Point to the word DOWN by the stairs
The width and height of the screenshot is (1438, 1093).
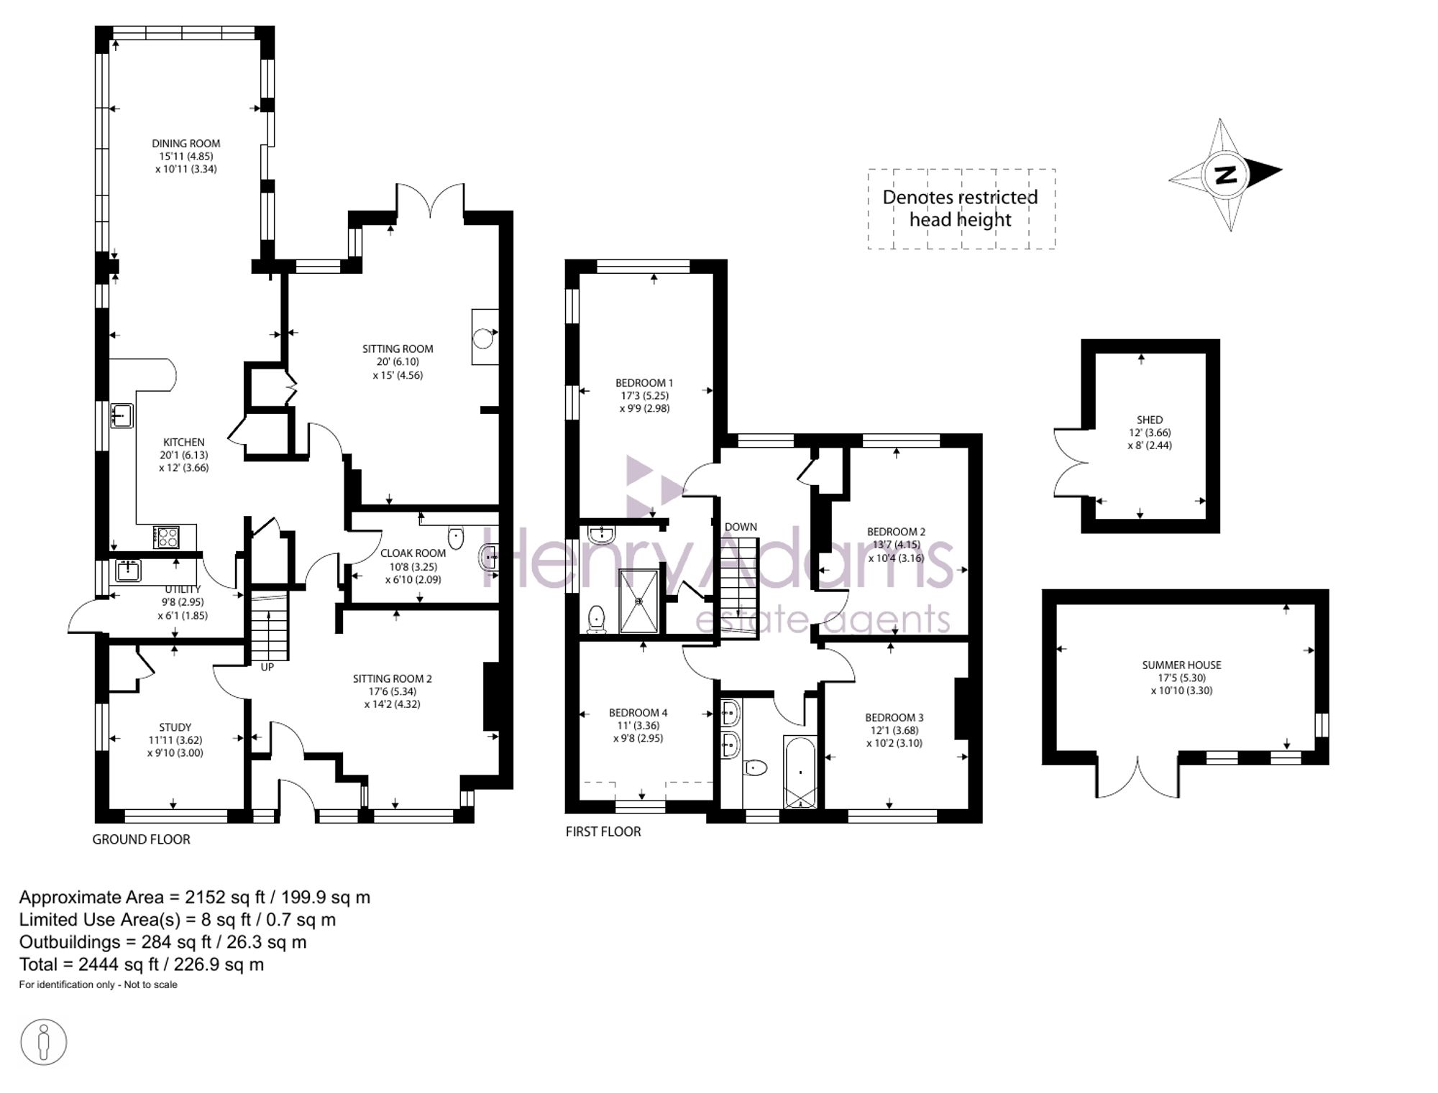pyautogui.click(x=741, y=527)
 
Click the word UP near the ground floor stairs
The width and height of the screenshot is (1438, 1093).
pyautogui.click(x=267, y=668)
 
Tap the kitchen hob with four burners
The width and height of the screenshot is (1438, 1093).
pyautogui.click(x=166, y=537)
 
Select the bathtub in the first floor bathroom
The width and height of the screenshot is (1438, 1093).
pyautogui.click(x=800, y=773)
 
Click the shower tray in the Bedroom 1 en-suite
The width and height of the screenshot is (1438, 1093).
pyautogui.click(x=638, y=601)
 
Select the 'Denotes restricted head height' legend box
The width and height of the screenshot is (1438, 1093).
pyautogui.click(x=961, y=209)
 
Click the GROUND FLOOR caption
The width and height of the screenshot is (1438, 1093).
pyautogui.click(x=141, y=839)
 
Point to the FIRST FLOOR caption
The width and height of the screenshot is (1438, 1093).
pyautogui.click(x=603, y=831)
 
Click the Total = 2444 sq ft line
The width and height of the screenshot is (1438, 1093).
pyautogui.click(x=142, y=964)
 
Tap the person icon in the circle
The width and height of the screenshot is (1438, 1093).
pyautogui.click(x=44, y=1042)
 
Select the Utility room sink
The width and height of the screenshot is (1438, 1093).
pyautogui.click(x=129, y=571)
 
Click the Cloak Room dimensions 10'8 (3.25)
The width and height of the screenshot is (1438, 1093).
pyautogui.click(x=413, y=566)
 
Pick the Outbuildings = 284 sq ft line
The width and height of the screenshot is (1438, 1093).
pyautogui.click(x=162, y=942)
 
